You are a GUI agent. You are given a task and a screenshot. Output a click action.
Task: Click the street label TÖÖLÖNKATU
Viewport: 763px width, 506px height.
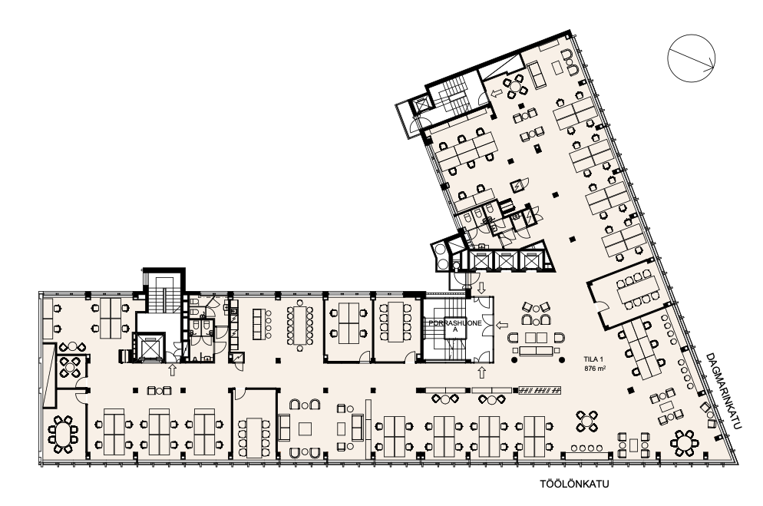574,484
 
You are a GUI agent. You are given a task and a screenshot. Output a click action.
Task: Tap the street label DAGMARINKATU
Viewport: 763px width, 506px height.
725,392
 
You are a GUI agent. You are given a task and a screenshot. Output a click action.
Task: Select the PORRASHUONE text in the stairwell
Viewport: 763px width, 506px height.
455,322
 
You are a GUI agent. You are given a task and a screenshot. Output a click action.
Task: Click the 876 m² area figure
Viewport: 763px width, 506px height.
595,369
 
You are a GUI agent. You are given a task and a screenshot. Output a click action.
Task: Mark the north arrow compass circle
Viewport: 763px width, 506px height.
691,58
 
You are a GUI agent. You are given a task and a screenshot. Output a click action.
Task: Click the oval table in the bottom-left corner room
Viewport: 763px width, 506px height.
63,435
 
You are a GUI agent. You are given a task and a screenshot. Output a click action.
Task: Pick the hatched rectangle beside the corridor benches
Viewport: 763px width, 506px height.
540,390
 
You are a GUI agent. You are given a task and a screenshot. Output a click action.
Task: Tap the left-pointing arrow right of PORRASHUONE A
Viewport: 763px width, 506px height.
502,325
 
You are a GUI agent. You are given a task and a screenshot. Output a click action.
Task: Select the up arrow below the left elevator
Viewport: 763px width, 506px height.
172,370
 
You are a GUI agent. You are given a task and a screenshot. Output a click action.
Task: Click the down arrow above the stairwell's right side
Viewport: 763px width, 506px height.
482,288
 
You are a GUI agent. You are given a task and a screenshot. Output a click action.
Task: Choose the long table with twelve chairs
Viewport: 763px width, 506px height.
299,326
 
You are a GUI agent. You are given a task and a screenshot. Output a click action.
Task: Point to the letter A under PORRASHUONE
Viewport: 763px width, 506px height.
455,329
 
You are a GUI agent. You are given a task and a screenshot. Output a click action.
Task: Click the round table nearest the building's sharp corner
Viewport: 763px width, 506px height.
684,443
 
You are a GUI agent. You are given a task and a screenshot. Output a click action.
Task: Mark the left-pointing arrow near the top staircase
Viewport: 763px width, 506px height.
497,93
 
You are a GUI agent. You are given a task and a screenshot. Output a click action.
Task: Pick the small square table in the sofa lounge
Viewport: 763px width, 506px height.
305,428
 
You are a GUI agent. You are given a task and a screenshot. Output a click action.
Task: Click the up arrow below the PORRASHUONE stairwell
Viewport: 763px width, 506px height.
482,372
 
